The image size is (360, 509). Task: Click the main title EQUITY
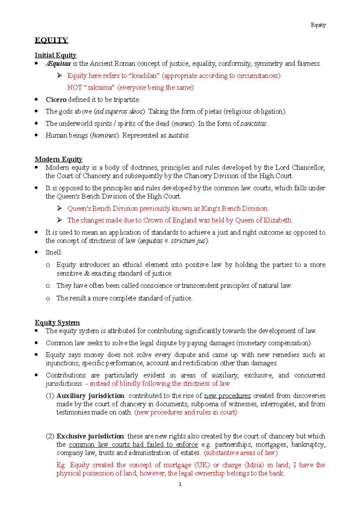coord(51,40)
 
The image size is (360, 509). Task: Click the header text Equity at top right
coord(318,25)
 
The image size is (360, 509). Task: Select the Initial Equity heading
coord(55,55)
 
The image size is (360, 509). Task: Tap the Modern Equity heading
coord(58,159)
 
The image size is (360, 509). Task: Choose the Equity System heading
coord(57,323)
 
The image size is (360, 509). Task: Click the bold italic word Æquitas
coord(58,64)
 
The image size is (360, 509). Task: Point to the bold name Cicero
coord(56,100)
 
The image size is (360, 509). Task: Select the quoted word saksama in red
coord(101,88)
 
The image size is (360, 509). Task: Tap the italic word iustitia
coord(178,135)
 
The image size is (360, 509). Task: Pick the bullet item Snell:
coord(54,253)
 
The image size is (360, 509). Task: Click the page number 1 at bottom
coord(180,484)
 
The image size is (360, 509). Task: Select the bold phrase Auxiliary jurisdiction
coord(90,396)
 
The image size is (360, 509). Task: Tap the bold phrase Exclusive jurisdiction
coord(90,436)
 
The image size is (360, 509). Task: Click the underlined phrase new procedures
coord(227,396)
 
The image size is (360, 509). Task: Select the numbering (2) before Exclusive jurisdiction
coord(50,436)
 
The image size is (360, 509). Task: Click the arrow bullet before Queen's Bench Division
coord(59,208)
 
